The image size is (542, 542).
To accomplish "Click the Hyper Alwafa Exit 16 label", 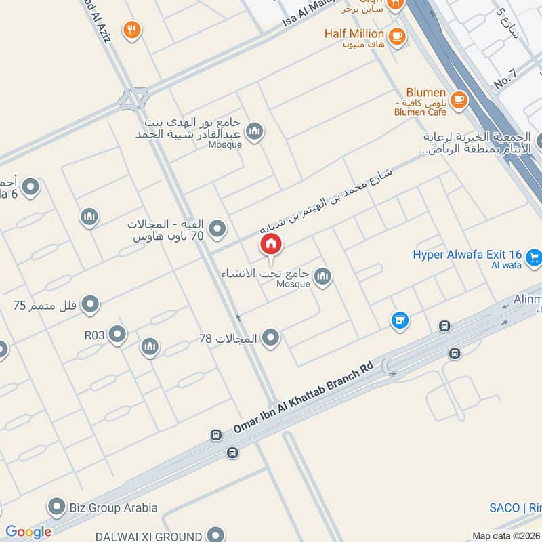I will pyautogui.click(x=467, y=255).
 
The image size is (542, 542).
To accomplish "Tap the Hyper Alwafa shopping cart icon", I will pyautogui.click(x=535, y=257).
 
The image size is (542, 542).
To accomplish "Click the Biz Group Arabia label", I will pyautogui.click(x=113, y=507).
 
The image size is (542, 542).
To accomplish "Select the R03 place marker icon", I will pyautogui.click(x=118, y=334).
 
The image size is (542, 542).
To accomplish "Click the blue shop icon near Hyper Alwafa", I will pyautogui.click(x=400, y=319).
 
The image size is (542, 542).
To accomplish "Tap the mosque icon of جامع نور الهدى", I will pyautogui.click(x=255, y=131).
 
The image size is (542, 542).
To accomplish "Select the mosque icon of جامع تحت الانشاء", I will pyautogui.click(x=323, y=275).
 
